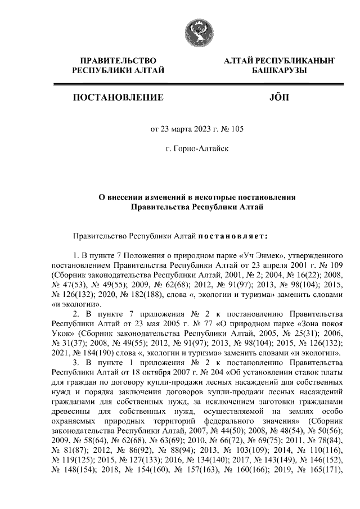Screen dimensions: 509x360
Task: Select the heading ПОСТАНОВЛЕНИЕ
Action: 118,97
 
